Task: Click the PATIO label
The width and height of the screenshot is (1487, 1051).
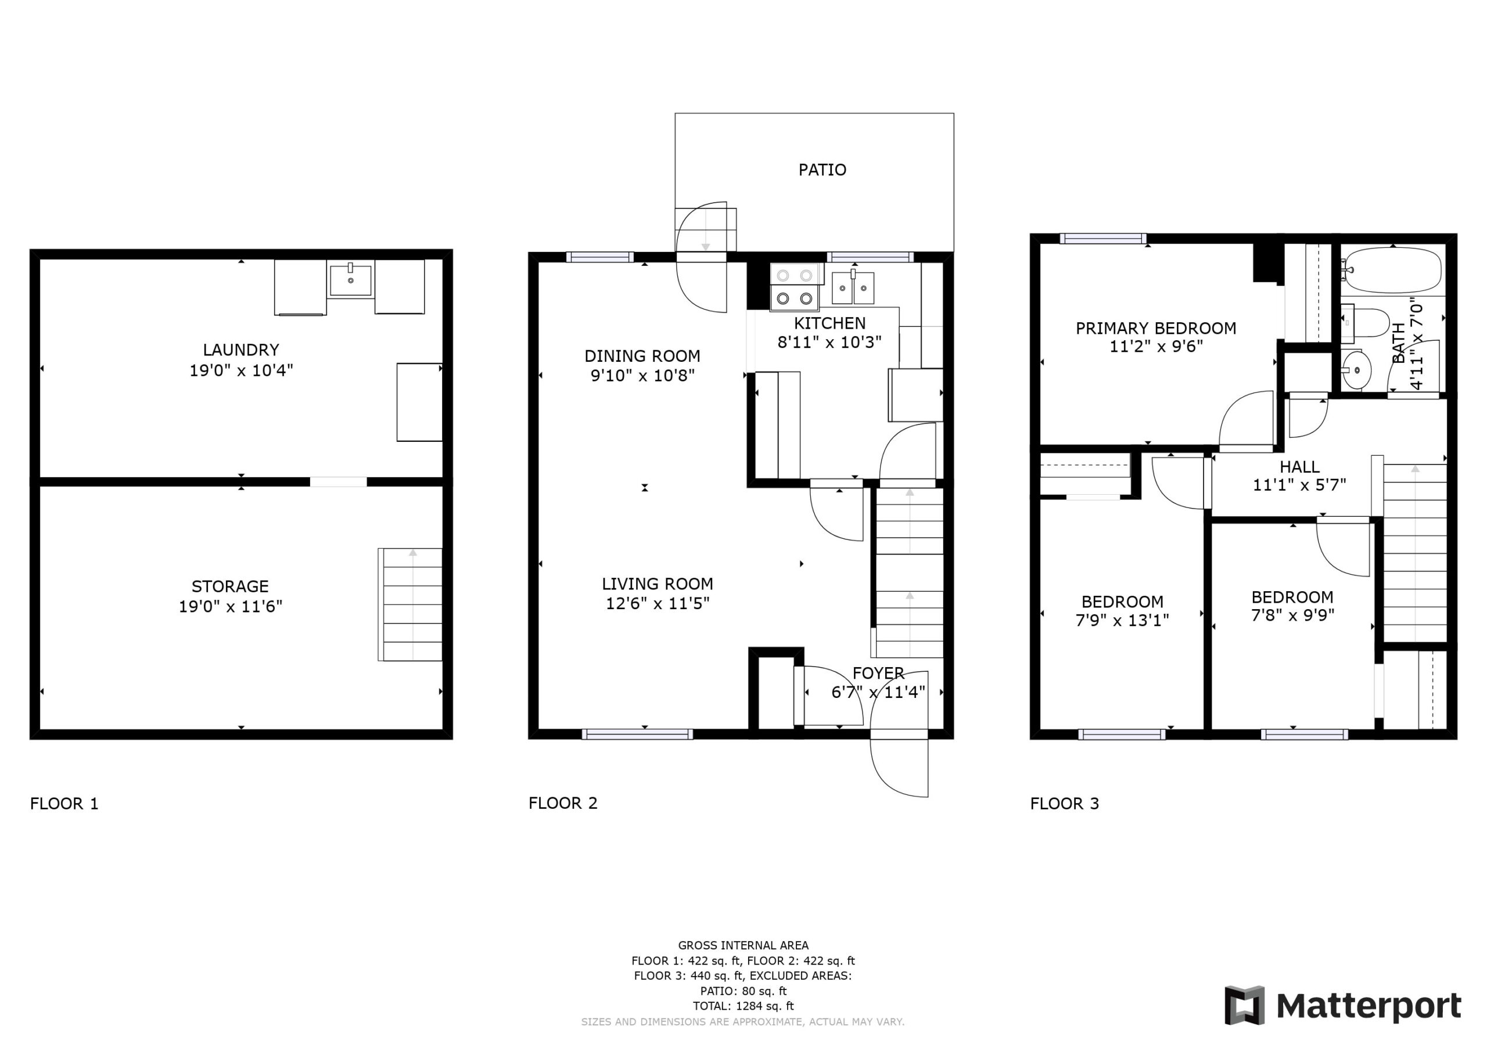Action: [x=822, y=170]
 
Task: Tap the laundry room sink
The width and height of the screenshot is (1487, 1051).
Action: [x=350, y=280]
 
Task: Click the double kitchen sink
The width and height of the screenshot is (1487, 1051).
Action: [x=853, y=287]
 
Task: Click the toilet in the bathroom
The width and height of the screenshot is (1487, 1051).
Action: [x=1364, y=322]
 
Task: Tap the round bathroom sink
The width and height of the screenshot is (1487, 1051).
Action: [x=1356, y=370]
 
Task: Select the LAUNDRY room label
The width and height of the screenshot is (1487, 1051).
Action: [x=241, y=350]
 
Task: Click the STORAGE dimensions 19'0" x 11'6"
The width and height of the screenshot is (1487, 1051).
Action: [x=231, y=606]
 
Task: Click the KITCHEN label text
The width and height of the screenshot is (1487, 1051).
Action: [x=829, y=323]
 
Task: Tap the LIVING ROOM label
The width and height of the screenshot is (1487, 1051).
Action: [x=658, y=584]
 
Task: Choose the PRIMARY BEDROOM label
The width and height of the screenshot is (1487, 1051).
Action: [x=1156, y=328]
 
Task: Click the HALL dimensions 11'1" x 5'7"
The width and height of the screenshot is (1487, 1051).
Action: [x=1299, y=485]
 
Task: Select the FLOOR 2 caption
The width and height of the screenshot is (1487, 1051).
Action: [x=563, y=803]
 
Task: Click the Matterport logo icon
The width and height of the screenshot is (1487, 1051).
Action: [x=1244, y=1006]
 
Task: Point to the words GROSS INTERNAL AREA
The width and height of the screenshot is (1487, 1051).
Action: [x=743, y=945]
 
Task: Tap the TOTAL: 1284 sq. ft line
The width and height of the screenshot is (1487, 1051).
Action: [x=743, y=1006]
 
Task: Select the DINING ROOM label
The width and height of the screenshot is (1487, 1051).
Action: [x=642, y=355]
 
